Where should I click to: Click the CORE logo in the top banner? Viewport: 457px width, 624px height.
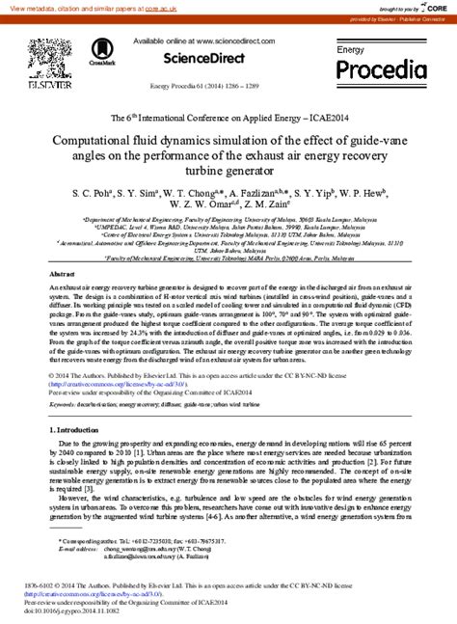click(437, 8)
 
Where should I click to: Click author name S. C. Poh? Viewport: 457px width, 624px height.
click(93, 193)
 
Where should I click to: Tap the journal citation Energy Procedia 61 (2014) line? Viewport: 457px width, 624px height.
click(228, 85)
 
